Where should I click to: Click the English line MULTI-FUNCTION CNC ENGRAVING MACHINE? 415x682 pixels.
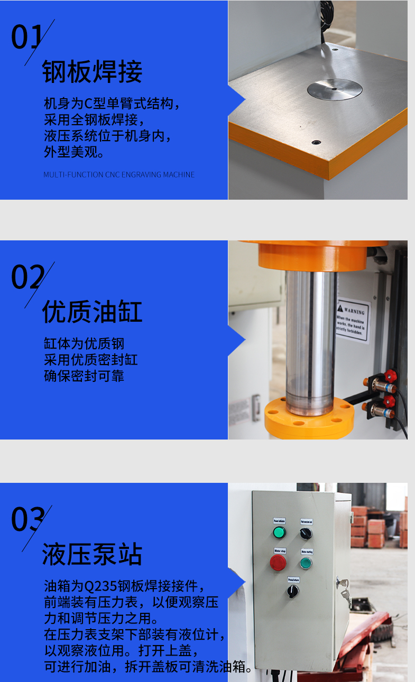(119, 174)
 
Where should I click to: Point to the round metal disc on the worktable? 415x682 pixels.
(334, 89)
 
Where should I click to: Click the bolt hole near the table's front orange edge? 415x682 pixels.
(316, 142)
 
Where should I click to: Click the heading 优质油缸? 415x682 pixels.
(93, 312)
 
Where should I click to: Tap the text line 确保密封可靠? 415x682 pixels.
(84, 377)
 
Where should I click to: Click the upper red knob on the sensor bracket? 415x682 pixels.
(390, 376)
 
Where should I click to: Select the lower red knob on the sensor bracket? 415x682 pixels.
(389, 401)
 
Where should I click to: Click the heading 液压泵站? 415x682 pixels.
(93, 555)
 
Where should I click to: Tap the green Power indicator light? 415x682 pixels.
(279, 532)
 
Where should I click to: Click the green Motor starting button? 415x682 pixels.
(306, 563)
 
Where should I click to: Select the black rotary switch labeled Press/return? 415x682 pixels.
(292, 591)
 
